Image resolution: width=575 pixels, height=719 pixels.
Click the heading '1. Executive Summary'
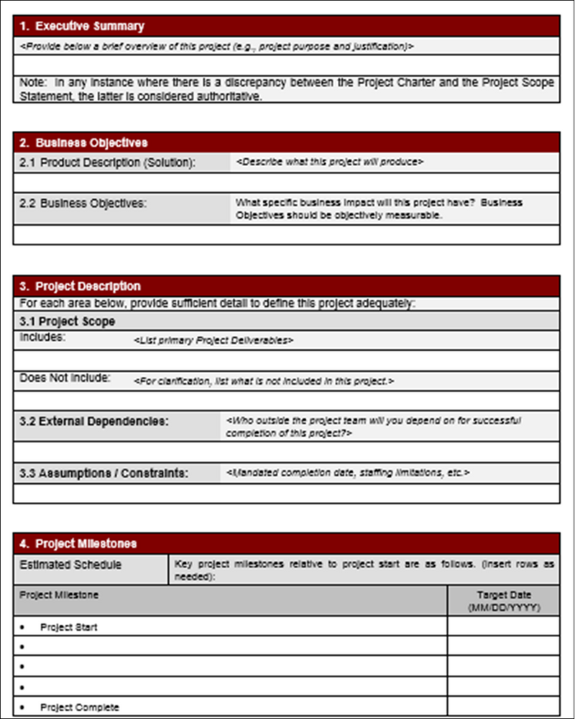pos(82,27)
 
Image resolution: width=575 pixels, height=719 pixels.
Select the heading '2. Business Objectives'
pos(84,142)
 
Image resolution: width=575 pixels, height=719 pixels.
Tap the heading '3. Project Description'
pos(80,285)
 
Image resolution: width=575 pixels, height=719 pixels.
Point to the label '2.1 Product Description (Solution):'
pos(108,162)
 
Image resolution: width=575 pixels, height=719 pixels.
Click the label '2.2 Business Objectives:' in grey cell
pos(83,203)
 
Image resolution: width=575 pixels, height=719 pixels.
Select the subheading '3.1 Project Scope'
pos(68,321)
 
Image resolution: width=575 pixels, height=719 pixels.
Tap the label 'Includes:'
pos(42,337)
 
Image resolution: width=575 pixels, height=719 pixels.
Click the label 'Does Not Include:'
pos(65,377)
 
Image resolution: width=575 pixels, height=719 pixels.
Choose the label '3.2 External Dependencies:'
pos(94,421)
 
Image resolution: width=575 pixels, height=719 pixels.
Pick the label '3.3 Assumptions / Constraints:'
pos(104,473)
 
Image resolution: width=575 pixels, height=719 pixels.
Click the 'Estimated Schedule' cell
pos(70,565)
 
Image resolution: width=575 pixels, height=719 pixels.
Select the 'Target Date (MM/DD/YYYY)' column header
pos(504,601)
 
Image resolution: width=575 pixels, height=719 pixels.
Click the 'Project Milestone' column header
pos(59,595)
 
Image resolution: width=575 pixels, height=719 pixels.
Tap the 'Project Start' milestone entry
pos(69,627)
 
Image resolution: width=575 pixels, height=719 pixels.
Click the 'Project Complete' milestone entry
pos(80,707)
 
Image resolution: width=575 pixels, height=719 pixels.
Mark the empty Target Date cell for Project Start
pos(503,626)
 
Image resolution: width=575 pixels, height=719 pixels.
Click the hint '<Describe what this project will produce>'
pos(329,162)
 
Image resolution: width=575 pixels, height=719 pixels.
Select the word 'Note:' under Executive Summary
pos(32,83)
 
